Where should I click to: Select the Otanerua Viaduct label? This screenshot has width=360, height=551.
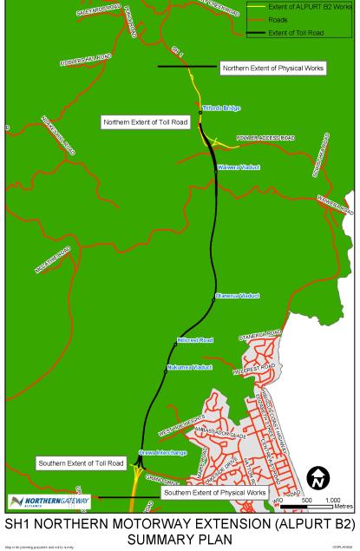pyautogui.click(x=237, y=296)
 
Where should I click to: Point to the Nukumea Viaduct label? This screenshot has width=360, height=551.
pyautogui.click(x=189, y=368)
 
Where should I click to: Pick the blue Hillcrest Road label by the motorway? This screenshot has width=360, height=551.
pyautogui.click(x=194, y=340)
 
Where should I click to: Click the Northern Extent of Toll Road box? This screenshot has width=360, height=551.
pyautogui.click(x=145, y=122)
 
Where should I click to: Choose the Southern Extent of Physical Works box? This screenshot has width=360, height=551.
pyautogui.click(x=214, y=493)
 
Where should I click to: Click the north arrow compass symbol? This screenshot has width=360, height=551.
pyautogui.click(x=318, y=477)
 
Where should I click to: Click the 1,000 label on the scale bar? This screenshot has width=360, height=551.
pyautogui.click(x=332, y=501)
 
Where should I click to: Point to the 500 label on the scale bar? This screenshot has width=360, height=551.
pyautogui.click(x=306, y=501)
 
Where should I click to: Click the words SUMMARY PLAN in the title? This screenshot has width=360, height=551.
pyautogui.click(x=180, y=538)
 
